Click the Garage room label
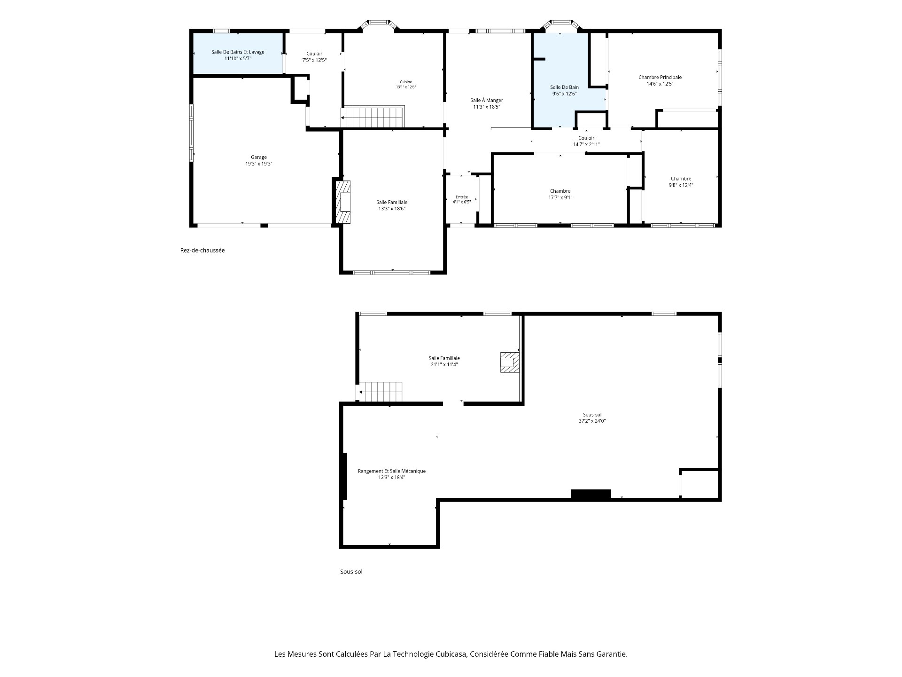click(259, 157)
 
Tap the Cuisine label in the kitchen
click(406, 82)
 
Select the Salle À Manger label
click(487, 100)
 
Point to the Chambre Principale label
click(660, 77)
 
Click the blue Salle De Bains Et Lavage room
click(238, 53)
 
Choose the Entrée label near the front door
click(462, 197)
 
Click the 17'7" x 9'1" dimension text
click(560, 197)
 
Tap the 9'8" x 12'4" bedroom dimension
click(681, 185)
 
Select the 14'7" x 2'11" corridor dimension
click(586, 144)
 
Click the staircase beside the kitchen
click(372, 117)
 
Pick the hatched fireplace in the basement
click(509, 362)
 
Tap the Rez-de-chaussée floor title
click(202, 250)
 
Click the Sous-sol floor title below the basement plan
click(351, 572)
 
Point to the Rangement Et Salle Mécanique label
click(392, 471)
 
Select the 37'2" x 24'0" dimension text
click(592, 421)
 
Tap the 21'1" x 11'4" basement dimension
click(444, 365)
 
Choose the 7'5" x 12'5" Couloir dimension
click(314, 60)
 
